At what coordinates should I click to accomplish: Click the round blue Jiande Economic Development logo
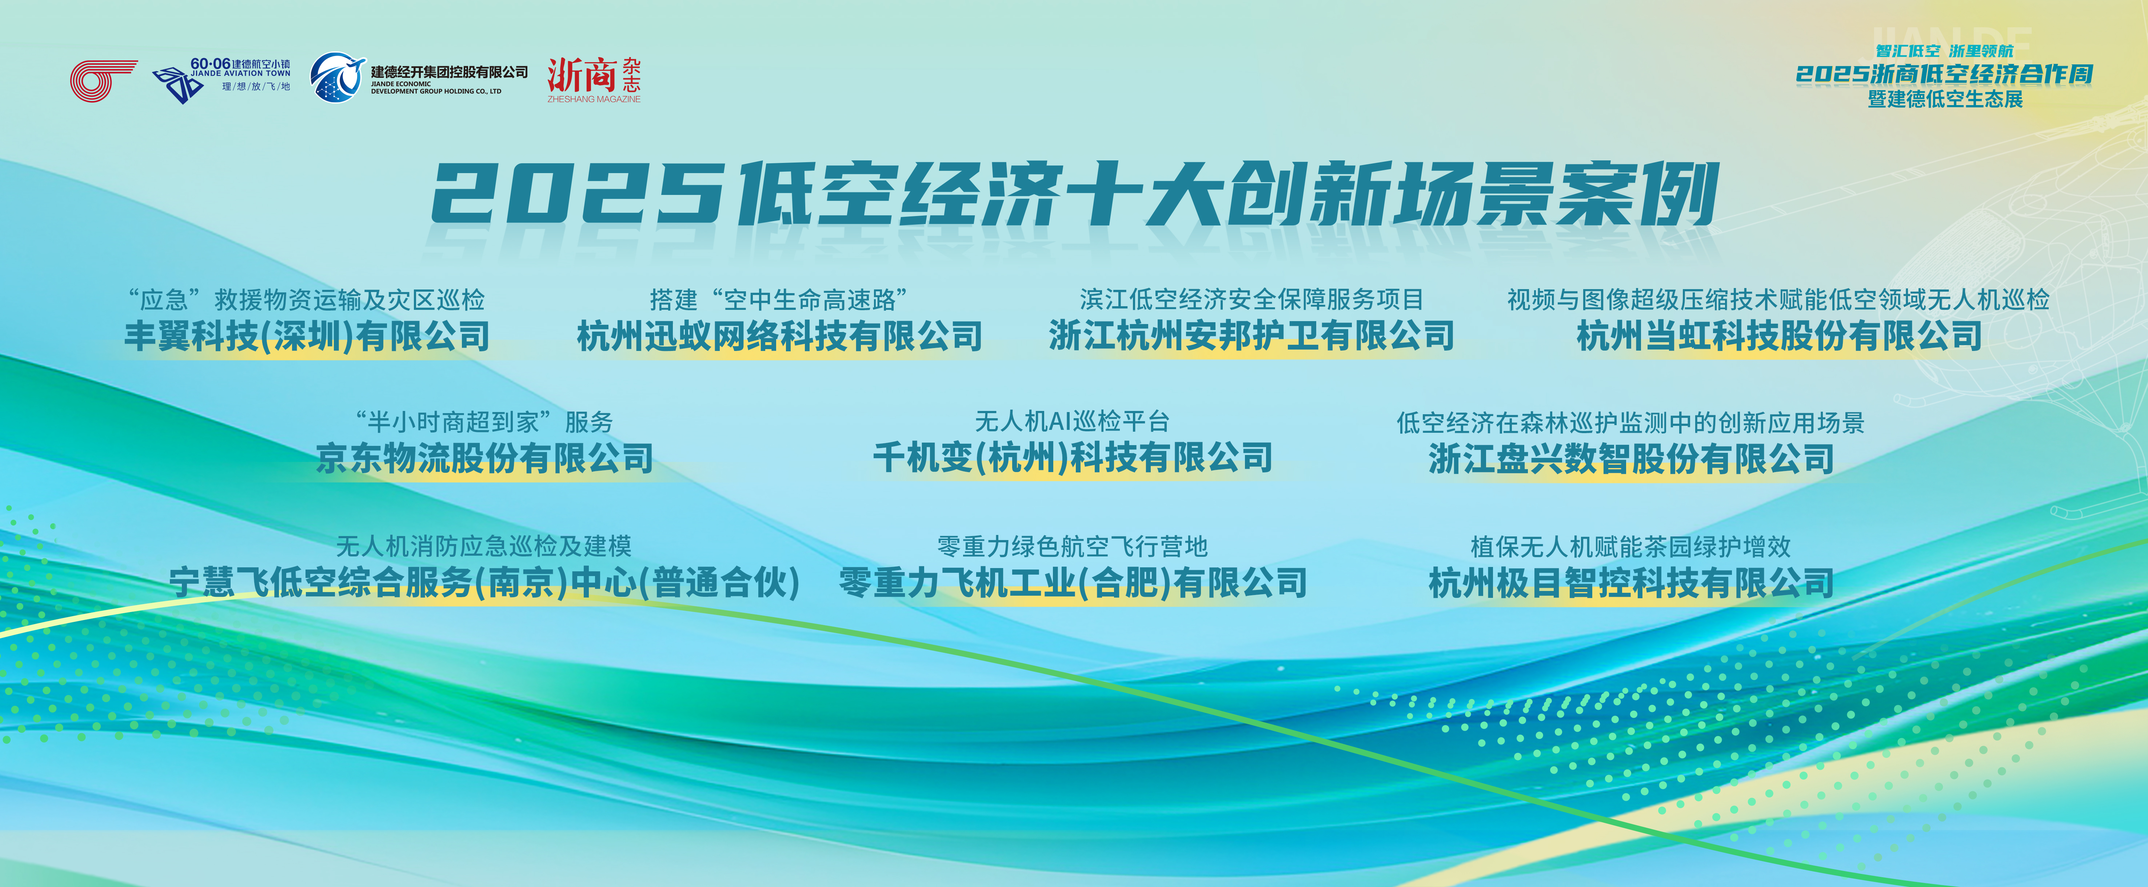tap(338, 77)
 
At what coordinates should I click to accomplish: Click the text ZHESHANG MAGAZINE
tap(594, 99)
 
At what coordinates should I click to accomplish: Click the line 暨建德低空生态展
tap(1945, 99)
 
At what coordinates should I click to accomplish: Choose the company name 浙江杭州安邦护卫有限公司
tap(1251, 336)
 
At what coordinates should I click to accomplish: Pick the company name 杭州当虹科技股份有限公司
tap(1778, 336)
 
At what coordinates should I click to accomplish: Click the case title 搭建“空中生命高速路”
tap(780, 299)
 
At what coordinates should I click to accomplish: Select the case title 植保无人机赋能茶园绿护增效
tap(1631, 547)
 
